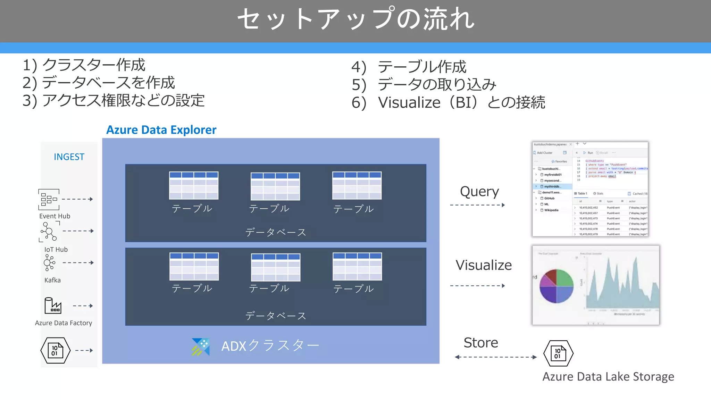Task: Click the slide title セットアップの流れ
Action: (355, 19)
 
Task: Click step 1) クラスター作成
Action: (84, 65)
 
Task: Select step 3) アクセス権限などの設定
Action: (114, 101)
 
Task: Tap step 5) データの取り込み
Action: (424, 84)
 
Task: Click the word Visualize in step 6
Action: (409, 102)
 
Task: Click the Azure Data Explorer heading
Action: (161, 130)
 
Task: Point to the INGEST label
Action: (69, 157)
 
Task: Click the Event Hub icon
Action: (49, 199)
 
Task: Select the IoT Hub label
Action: (56, 249)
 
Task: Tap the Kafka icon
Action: (49, 263)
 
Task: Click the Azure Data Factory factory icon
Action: (53, 306)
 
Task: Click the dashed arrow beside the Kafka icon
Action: (78, 263)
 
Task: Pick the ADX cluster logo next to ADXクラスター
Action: (201, 347)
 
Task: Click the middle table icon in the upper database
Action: (275, 186)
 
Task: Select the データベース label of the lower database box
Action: (276, 316)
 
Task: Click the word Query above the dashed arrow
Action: (479, 191)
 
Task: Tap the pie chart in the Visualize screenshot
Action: (556, 286)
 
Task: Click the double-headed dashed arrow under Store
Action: (495, 357)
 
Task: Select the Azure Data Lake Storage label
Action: (608, 377)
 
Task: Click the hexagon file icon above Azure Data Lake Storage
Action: (558, 353)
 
